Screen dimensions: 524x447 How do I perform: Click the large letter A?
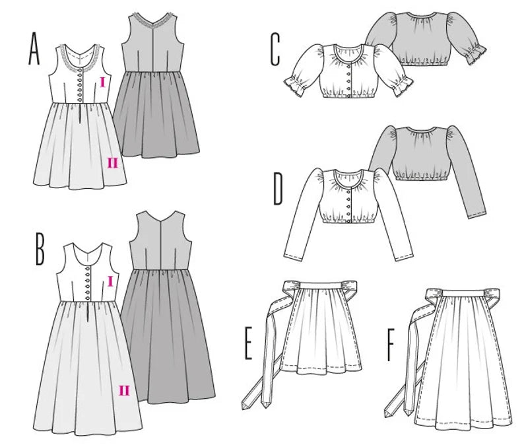coord(35,50)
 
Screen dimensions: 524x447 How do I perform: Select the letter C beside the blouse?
coord(275,50)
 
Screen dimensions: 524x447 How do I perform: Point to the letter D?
coord(278,189)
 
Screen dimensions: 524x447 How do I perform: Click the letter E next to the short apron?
coord(248,344)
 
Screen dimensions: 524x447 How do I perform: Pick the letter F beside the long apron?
coord(391,345)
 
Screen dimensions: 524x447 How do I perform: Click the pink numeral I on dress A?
coord(102,83)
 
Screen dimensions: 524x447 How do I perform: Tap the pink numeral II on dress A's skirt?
coord(113,163)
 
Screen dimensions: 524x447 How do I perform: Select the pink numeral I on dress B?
coord(111,282)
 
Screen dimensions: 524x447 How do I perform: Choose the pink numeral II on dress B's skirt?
coord(124,390)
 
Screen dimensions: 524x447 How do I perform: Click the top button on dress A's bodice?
coord(79,71)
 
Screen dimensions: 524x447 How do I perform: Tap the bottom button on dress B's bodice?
coord(88,298)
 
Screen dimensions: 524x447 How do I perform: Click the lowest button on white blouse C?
coord(350,89)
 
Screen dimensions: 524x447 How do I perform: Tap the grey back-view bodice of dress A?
coord(152,46)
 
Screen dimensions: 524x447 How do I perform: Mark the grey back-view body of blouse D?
coord(422,155)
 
